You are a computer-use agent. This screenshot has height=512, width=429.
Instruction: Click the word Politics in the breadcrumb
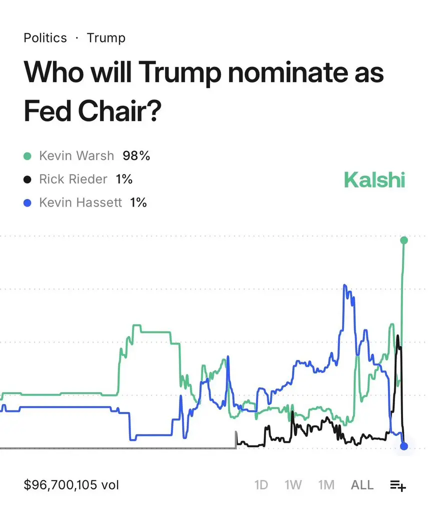click(x=45, y=38)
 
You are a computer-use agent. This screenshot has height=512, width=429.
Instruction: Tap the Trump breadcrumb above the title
click(x=106, y=38)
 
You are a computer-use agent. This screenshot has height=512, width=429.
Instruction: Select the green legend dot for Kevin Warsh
click(x=28, y=156)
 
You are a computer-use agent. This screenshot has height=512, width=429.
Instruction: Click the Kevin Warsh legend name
click(x=76, y=155)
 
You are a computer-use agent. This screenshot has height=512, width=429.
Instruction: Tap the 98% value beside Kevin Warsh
click(x=136, y=155)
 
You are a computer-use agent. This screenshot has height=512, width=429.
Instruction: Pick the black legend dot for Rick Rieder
click(x=28, y=179)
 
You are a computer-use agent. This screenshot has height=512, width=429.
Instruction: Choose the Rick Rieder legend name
click(x=73, y=179)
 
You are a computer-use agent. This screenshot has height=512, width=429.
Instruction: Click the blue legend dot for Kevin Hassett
click(x=28, y=202)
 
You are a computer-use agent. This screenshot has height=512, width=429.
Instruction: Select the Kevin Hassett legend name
click(x=80, y=202)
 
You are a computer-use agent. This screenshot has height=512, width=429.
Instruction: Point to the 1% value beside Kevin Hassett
click(x=138, y=202)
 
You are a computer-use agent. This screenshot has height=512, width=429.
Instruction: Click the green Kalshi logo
click(x=374, y=180)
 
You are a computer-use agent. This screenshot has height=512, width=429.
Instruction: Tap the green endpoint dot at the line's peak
click(x=404, y=240)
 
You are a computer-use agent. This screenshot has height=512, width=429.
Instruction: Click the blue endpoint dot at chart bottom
click(x=404, y=446)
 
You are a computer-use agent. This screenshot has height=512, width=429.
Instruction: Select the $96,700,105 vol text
click(x=71, y=484)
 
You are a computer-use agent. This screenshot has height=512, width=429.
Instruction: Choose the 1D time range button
click(x=261, y=485)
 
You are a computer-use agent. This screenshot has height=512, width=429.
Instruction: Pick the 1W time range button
click(x=293, y=485)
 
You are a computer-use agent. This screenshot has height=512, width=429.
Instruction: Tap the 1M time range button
click(x=326, y=485)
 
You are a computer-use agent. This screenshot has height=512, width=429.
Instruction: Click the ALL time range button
click(x=362, y=485)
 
